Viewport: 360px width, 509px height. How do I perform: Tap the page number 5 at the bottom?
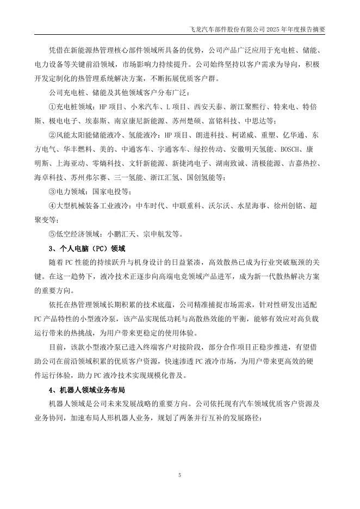(179, 475)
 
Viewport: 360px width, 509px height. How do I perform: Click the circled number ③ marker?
(52, 192)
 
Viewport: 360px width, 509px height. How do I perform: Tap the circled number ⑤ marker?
(52, 234)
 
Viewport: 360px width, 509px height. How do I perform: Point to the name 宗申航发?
(159, 234)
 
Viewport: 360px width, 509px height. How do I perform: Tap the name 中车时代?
(148, 206)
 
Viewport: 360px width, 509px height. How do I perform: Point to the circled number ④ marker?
(52, 206)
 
